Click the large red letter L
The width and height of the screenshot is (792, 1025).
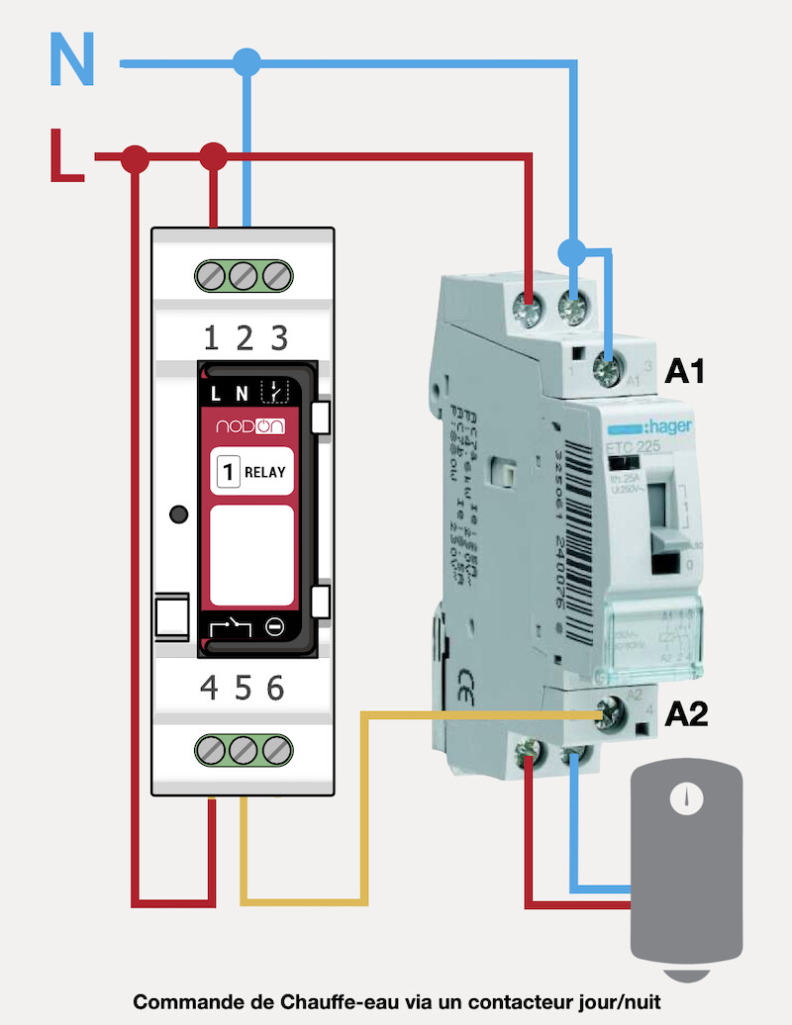(x=67, y=156)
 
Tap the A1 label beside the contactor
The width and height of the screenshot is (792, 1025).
(x=684, y=372)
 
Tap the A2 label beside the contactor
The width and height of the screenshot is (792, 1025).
(x=687, y=713)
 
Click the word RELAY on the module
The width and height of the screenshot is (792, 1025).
(x=264, y=472)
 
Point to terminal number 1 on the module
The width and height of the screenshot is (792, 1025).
(x=211, y=339)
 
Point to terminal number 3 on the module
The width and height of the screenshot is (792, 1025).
(x=279, y=339)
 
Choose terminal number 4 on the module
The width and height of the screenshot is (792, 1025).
(x=209, y=688)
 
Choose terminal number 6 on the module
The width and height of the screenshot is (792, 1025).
(x=275, y=688)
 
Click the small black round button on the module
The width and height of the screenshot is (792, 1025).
(x=179, y=514)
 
